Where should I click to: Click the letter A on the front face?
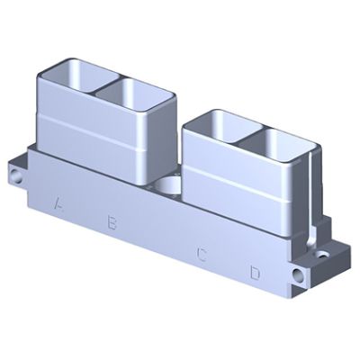click(58, 203)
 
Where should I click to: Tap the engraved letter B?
click(112, 222)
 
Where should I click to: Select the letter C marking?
click(202, 255)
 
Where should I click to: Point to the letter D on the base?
click(255, 273)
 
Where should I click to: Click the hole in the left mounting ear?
click(15, 176)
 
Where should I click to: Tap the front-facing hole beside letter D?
click(298, 274)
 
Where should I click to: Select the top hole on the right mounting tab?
click(323, 256)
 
